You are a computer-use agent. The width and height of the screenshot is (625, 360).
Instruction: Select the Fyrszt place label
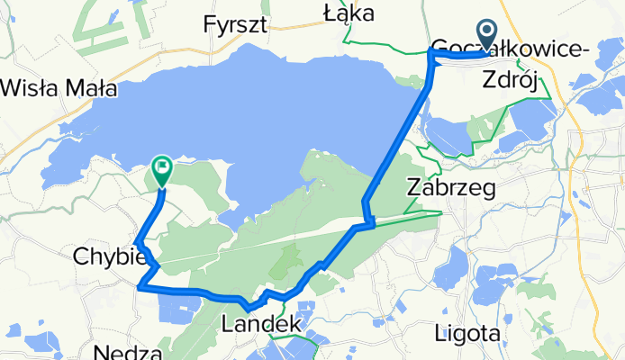coord(236,24)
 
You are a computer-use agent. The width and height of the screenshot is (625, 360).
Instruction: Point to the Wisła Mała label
coord(60,87)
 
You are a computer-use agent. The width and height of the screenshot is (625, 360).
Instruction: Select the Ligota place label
coord(466,333)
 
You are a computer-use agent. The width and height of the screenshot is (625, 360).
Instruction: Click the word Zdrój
coord(511,80)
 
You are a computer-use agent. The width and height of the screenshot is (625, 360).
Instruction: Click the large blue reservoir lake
coord(270,99)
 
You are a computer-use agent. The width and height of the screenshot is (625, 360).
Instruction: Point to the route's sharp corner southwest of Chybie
coord(140,287)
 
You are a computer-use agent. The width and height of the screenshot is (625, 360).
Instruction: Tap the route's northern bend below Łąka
coord(430,55)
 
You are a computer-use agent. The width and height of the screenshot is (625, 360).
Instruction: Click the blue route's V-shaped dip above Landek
coord(248,310)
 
